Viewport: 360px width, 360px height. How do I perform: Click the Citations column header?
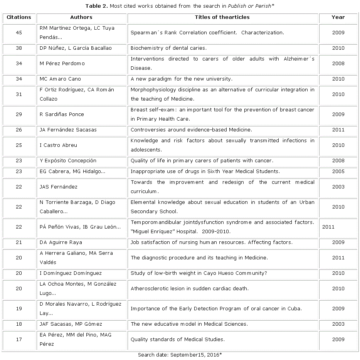pos(19,17)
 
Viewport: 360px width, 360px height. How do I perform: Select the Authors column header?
pos(81,17)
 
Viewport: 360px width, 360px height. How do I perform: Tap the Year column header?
pos(338,17)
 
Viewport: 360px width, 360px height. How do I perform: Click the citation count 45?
pos(19,33)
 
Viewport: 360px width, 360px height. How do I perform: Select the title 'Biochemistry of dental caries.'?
pos(168,48)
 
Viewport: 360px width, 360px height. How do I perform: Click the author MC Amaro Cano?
pos(60,79)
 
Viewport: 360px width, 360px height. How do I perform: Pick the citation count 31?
pos(19,94)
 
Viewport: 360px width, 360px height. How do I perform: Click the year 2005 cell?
pos(338,172)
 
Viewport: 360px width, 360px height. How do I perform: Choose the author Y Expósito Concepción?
pos(68,161)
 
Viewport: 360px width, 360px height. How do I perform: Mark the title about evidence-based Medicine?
pos(191,130)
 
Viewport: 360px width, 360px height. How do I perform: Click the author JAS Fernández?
pos(59,187)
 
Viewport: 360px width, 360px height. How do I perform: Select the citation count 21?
pos(19,242)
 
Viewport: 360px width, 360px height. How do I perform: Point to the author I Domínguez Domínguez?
pos(71,273)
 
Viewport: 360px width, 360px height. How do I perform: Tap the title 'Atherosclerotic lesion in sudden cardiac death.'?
pos(189,289)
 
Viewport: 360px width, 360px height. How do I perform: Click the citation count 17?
pos(19,340)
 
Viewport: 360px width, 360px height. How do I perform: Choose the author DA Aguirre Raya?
pos(61,242)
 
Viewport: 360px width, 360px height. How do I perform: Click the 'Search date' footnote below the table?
pos(180,355)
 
